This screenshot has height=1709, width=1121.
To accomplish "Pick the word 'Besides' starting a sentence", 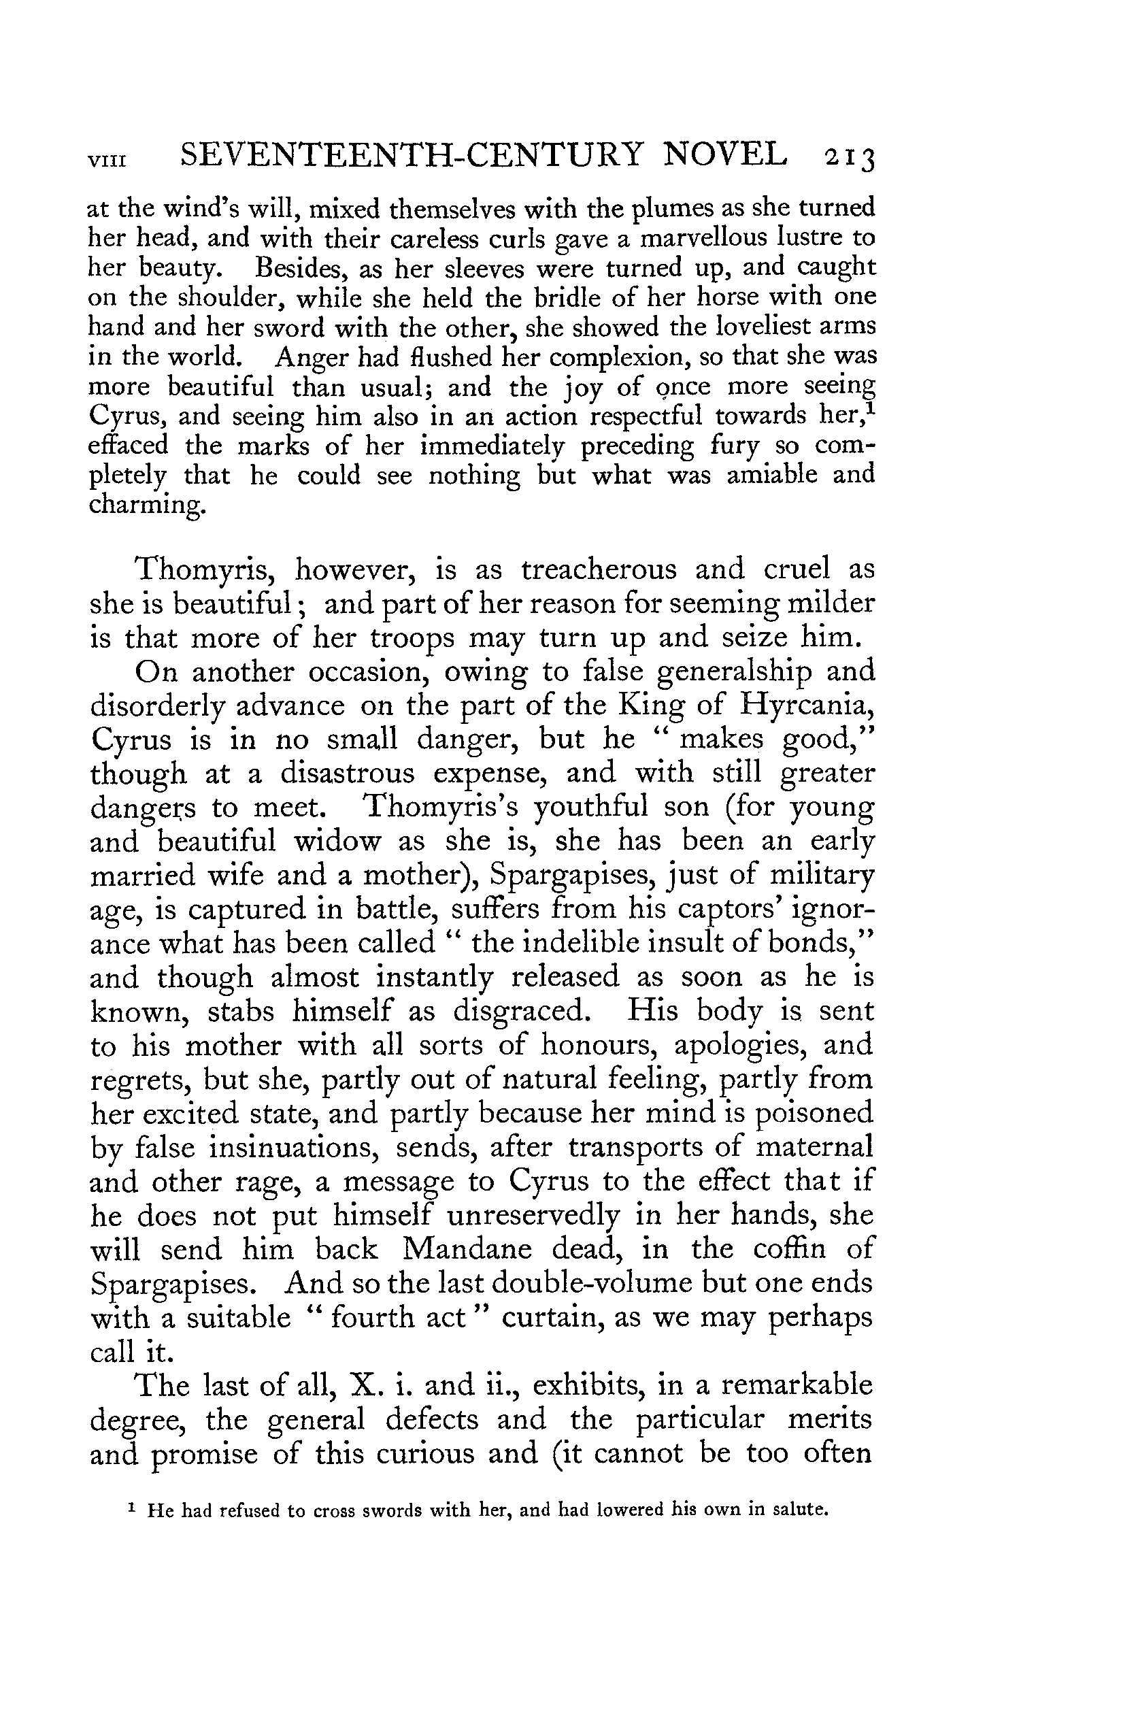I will [297, 268].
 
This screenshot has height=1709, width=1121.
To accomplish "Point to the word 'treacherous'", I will [598, 569].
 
